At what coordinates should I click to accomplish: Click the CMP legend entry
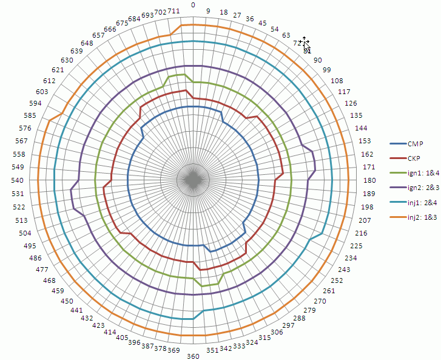click(415, 143)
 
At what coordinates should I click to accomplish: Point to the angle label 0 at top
click(193, 5)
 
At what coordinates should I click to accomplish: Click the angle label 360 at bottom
click(193, 356)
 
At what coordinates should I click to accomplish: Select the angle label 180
click(369, 180)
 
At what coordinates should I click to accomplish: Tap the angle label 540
click(17, 180)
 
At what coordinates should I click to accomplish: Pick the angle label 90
click(317, 61)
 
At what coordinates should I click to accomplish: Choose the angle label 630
click(67, 61)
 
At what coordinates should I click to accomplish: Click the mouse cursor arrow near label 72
click(306, 45)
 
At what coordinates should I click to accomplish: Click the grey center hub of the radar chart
click(193, 180)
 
